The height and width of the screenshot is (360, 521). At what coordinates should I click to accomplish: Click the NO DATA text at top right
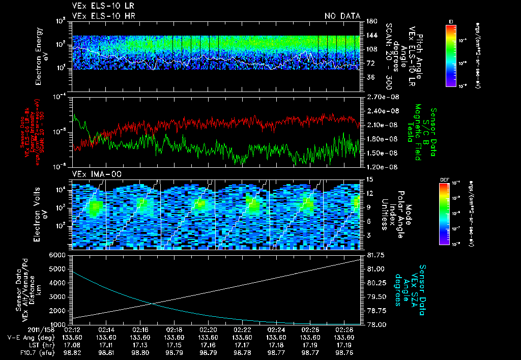(x=342, y=16)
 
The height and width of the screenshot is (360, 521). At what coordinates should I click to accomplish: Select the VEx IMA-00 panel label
(x=92, y=174)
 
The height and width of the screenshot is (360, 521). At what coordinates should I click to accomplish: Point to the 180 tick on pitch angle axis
(x=371, y=21)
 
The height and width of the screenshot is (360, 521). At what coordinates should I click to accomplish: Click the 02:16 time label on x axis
(x=140, y=329)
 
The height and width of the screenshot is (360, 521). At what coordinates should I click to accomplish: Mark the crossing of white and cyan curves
(x=152, y=304)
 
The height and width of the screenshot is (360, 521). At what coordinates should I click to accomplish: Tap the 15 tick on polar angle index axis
(x=369, y=179)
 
